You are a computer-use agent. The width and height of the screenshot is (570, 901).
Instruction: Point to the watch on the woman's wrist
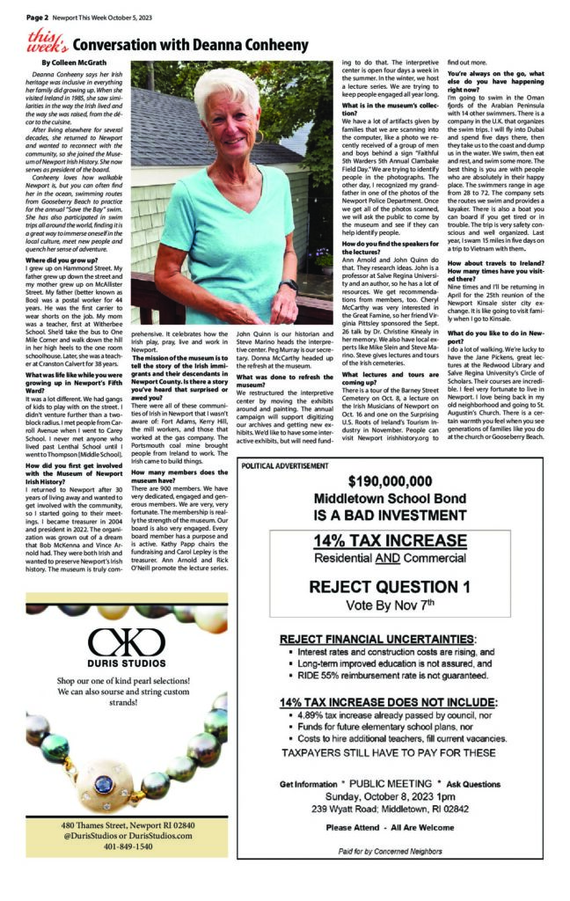[289, 284]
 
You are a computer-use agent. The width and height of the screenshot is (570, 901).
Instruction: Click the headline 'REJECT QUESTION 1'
[390, 587]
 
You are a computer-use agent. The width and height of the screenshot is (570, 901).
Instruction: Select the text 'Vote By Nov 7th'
[390, 606]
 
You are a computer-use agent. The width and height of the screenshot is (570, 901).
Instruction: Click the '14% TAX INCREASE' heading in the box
[390, 540]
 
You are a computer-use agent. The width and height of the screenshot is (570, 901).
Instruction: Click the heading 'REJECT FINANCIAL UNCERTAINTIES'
[378, 638]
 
